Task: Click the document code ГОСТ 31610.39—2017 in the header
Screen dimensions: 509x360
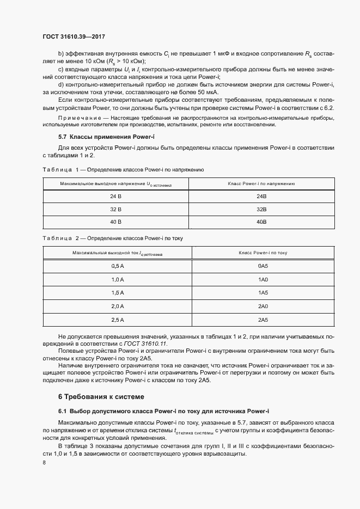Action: (x=74, y=36)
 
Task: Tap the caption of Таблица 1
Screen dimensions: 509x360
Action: (x=123, y=170)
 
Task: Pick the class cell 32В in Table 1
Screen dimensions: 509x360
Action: (x=261, y=209)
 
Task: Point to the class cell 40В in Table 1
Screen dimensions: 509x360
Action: (x=261, y=222)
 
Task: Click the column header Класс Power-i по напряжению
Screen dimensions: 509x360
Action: (x=261, y=183)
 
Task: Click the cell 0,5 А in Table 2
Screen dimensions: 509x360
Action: (x=118, y=266)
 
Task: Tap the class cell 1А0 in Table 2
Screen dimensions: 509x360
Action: (x=263, y=279)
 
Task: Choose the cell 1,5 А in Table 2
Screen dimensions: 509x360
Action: (x=118, y=292)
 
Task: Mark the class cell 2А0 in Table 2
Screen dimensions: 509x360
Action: (x=263, y=306)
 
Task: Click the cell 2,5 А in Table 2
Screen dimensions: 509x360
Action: (x=118, y=320)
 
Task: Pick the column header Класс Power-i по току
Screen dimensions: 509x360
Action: (x=263, y=253)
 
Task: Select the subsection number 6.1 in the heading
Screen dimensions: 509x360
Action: (x=63, y=410)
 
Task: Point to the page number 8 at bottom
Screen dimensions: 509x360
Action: (x=44, y=463)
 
